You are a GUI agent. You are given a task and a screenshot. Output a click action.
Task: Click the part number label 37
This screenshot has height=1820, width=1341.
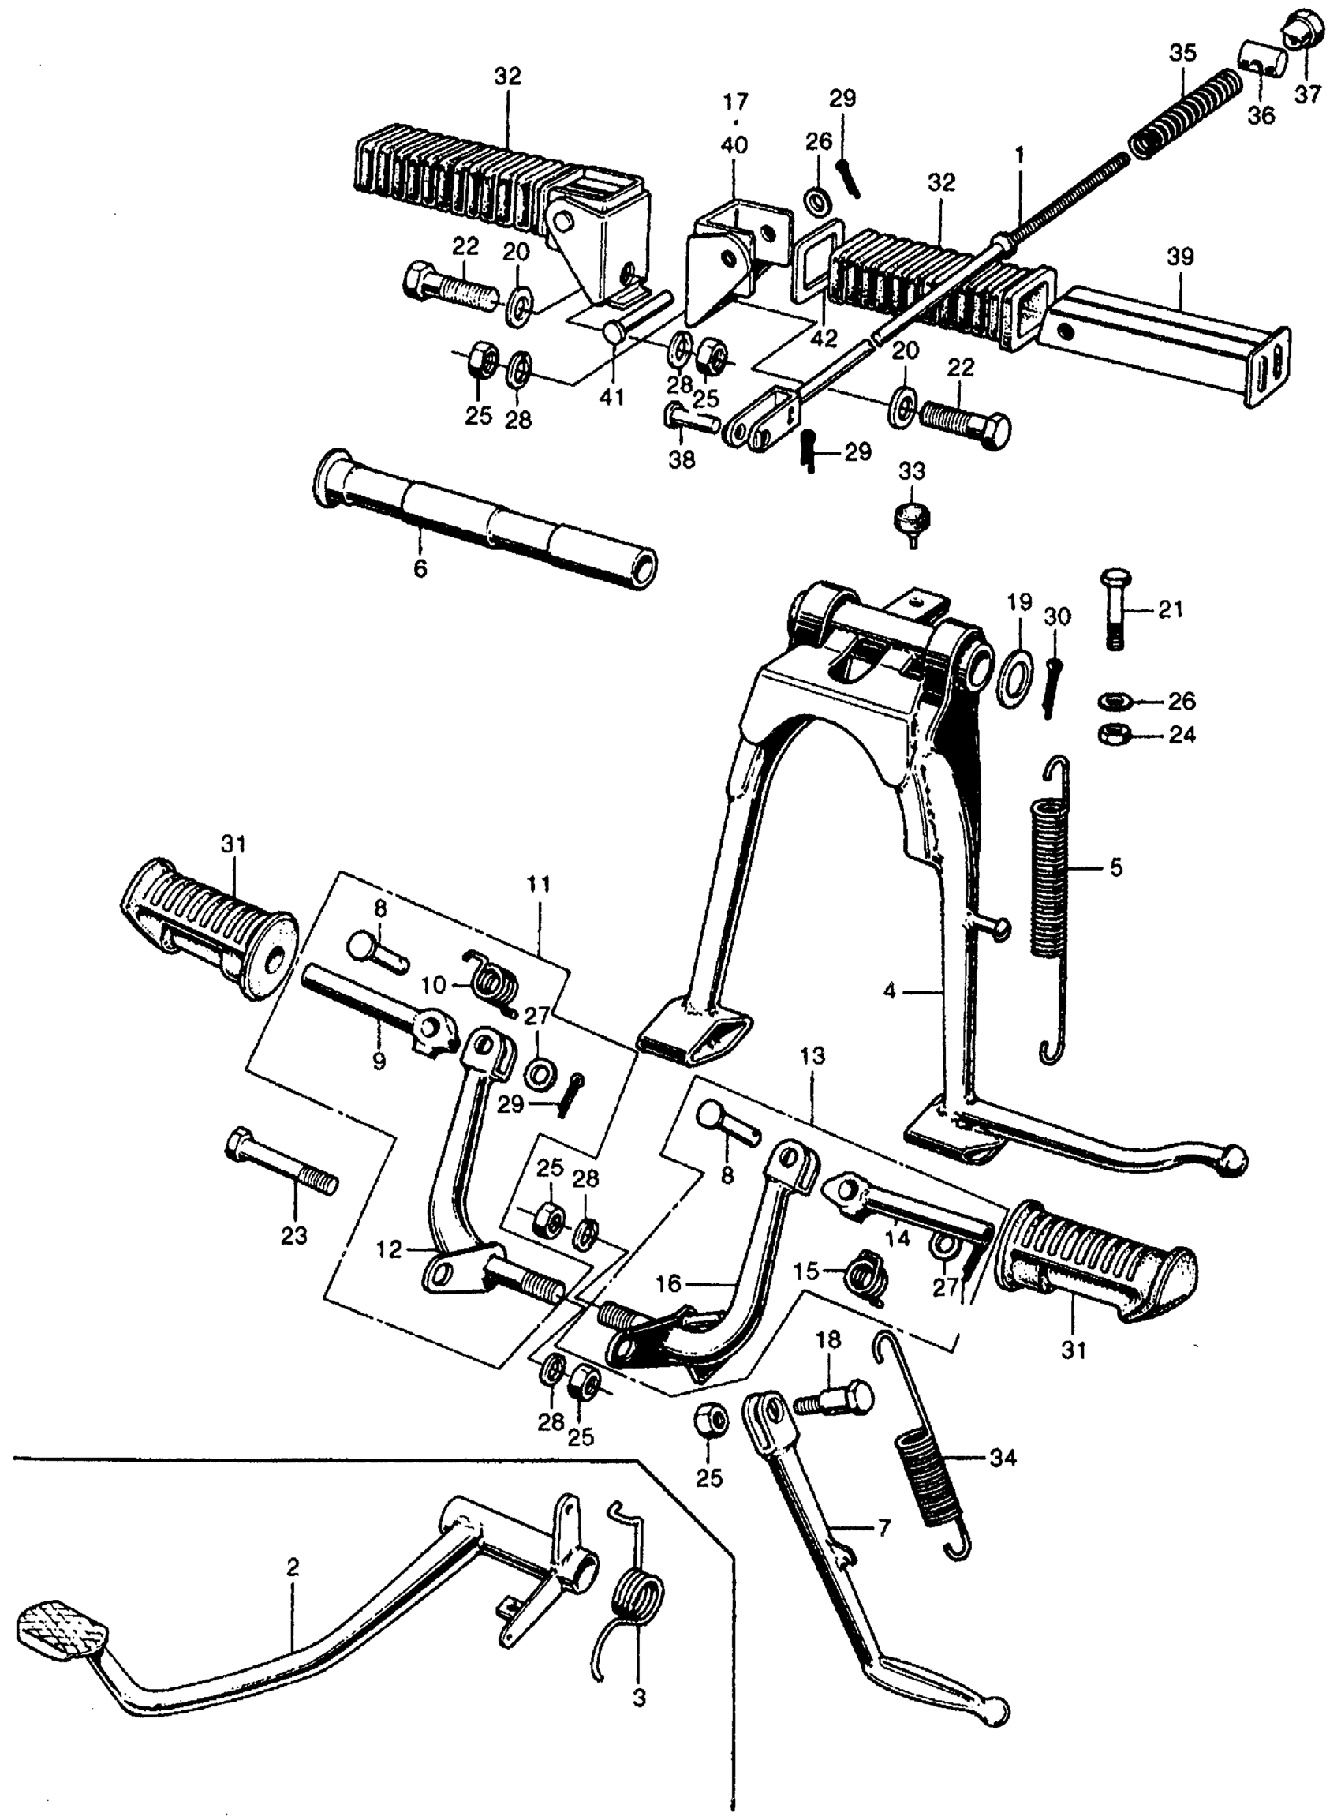pos(1307,94)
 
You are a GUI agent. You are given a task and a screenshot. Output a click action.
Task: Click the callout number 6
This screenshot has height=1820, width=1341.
pos(419,568)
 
